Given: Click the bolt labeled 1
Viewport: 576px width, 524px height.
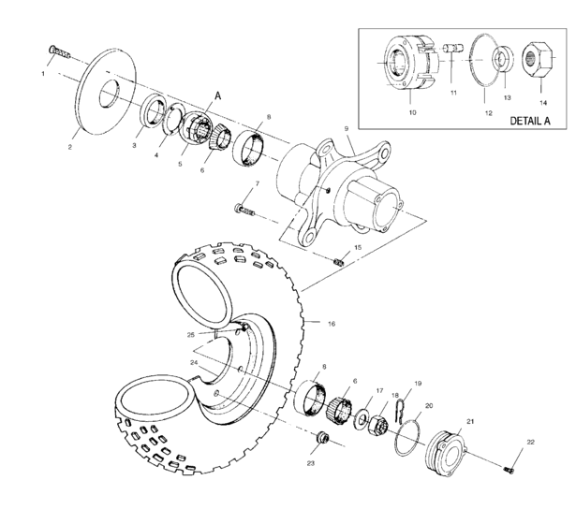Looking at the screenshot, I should point(58,51).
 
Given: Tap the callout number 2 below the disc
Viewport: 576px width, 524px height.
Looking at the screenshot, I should point(71,147).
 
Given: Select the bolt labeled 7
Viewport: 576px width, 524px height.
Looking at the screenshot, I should point(245,208).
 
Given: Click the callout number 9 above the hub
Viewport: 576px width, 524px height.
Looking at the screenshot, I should point(346,127).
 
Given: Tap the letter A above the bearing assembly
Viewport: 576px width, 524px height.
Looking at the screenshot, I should point(218,95).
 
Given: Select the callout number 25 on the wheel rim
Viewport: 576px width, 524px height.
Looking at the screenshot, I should point(190,334).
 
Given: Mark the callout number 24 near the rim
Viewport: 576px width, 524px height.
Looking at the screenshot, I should point(194,361).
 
